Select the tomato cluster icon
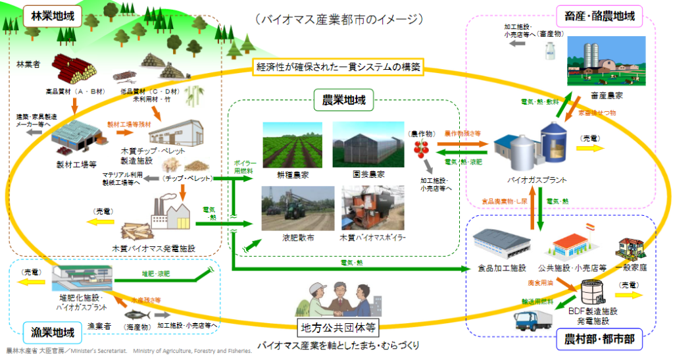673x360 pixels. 420,148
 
